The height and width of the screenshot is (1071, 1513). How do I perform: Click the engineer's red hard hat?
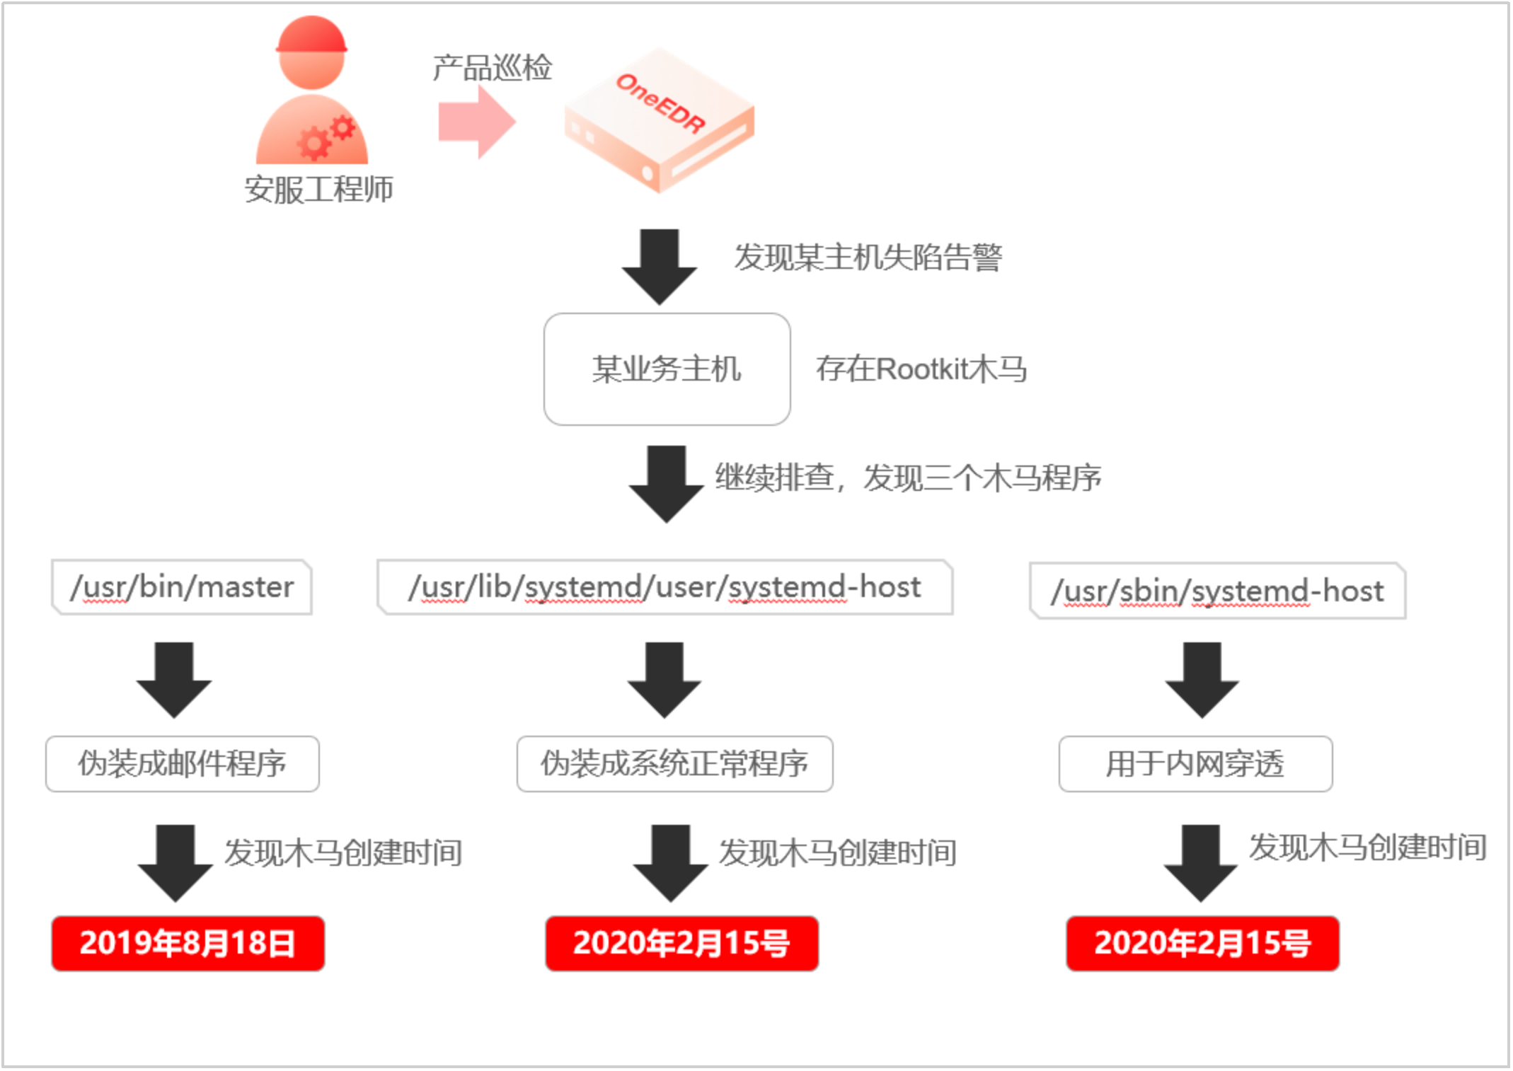click(311, 35)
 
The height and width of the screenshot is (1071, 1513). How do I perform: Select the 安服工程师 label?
click(318, 190)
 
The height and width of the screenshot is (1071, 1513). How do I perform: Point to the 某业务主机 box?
click(667, 369)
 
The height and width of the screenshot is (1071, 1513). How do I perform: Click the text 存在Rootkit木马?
click(921, 369)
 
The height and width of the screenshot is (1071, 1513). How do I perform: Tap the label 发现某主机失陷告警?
click(868, 257)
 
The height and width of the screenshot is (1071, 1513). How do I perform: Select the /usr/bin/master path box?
click(182, 587)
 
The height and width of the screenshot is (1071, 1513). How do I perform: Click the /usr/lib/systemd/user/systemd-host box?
click(665, 587)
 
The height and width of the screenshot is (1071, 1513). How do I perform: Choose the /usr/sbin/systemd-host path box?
click(1217, 591)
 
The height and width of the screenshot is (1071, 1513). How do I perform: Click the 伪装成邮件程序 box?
click(183, 764)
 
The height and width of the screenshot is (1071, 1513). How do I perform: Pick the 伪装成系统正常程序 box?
click(674, 764)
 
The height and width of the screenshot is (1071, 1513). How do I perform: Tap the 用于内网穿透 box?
click(1195, 764)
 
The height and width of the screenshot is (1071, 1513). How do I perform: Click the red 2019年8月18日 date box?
click(188, 944)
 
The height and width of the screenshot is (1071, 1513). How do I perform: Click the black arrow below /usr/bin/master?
click(174, 679)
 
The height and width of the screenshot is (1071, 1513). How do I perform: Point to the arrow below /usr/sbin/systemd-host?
click(1202, 679)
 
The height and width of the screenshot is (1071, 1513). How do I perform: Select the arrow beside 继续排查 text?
click(667, 483)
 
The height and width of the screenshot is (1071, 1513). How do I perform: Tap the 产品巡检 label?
click(492, 68)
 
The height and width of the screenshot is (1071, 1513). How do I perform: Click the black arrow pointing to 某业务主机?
click(660, 265)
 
